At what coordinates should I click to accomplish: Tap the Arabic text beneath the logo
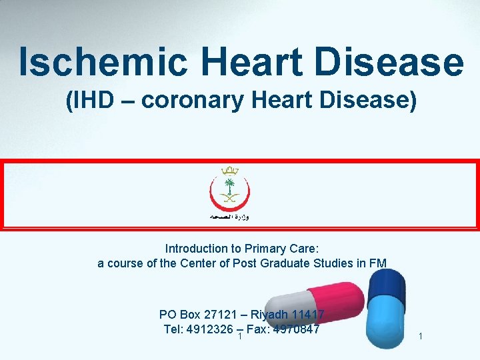tap(231, 218)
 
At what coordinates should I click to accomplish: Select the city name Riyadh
tap(272, 315)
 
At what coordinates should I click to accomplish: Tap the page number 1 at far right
tap(420, 337)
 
